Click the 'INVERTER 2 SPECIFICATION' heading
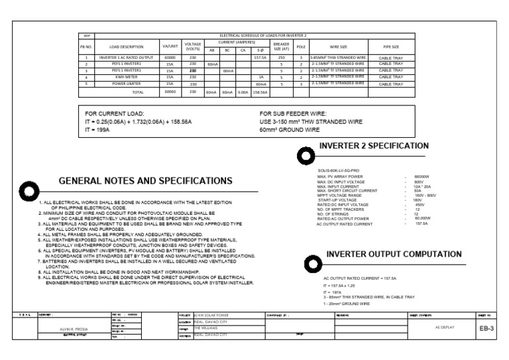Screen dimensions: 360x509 (x=374, y=146)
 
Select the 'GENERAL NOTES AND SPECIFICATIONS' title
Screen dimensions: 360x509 (x=146, y=181)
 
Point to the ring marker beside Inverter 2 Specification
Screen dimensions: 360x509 (x=306, y=155)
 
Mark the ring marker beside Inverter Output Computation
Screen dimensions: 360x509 (x=309, y=265)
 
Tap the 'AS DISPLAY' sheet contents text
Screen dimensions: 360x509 (x=445, y=328)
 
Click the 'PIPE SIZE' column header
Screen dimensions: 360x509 (x=391, y=47)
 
